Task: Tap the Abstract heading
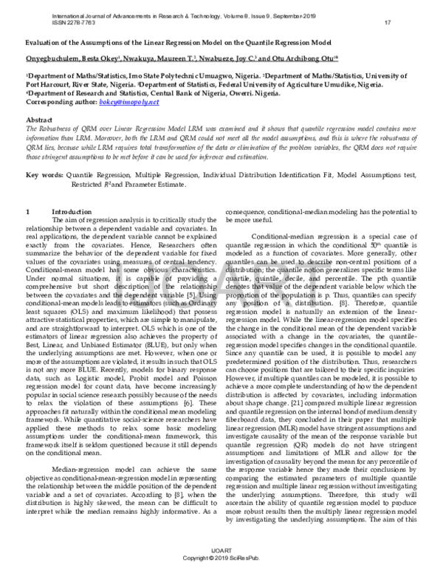[40, 119]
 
